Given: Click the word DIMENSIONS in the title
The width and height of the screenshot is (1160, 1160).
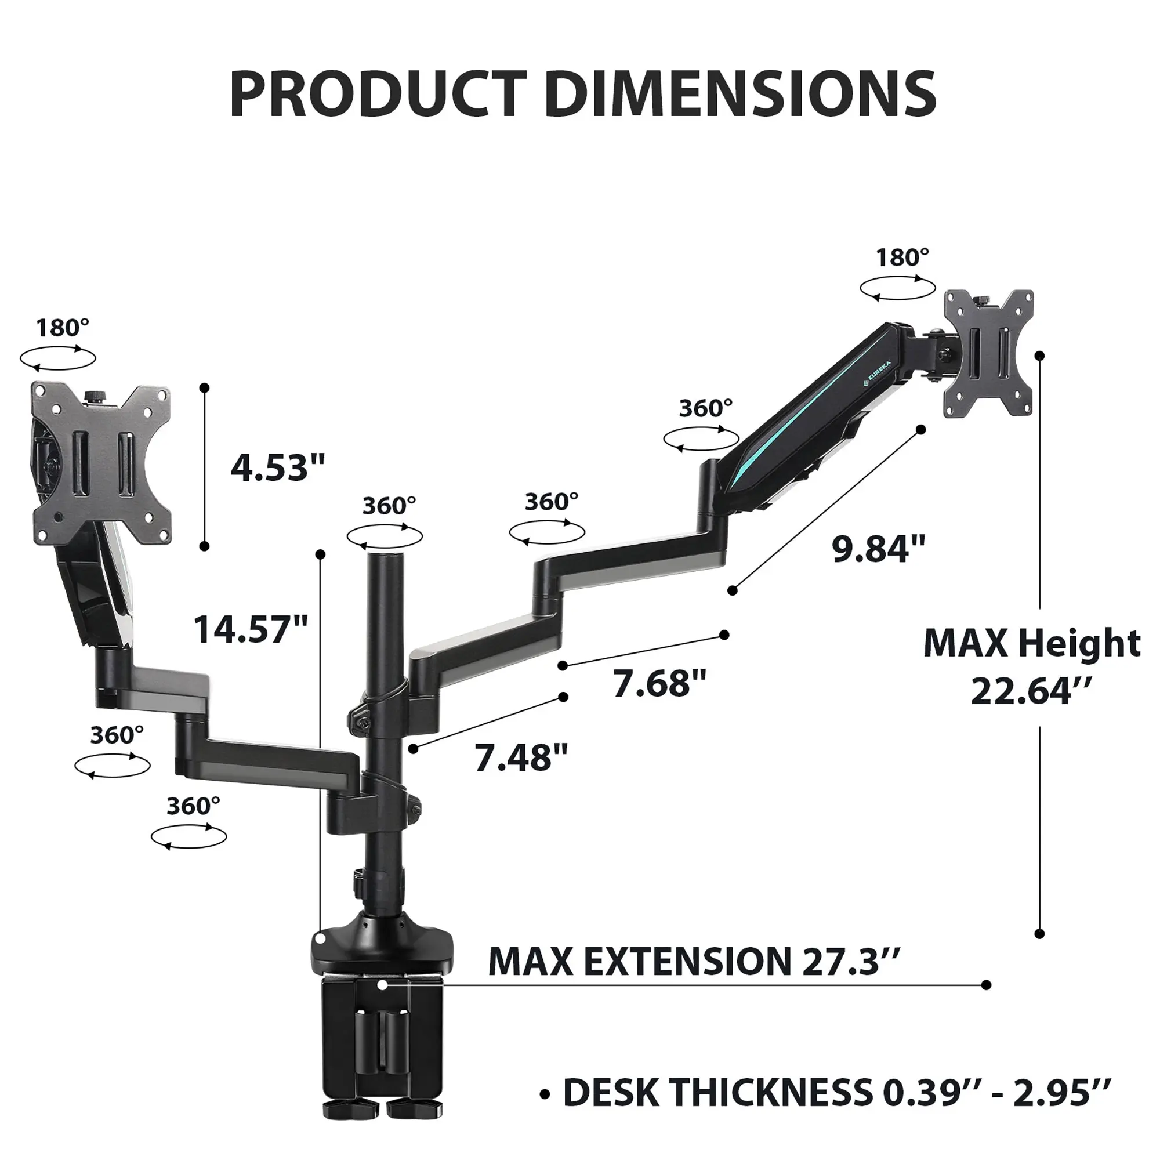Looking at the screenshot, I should coord(739,95).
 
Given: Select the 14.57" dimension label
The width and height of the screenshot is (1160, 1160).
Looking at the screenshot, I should coord(251,630).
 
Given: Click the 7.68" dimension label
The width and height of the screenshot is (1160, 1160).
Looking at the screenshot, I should coord(659,683).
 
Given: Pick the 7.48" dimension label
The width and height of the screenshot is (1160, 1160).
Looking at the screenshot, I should coord(521,757).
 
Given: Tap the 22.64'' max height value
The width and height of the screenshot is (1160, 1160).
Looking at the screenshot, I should coord(1029,691).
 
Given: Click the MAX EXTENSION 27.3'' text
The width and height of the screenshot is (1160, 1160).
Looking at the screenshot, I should coord(694,960).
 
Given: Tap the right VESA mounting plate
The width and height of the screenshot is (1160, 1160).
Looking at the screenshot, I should coord(988,354).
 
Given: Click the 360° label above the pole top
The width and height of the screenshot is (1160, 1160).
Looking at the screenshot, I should coord(389,506).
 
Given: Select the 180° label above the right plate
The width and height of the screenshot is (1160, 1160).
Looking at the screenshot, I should coord(902,258).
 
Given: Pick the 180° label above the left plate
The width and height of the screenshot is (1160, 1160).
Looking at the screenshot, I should coord(62,328).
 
